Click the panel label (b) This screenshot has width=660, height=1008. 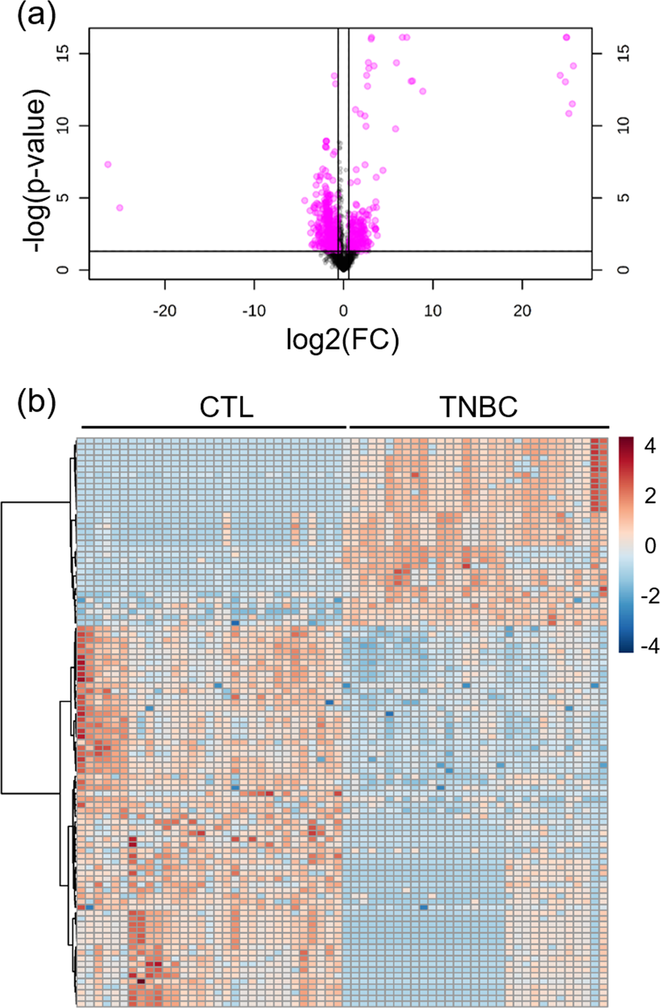point(37,401)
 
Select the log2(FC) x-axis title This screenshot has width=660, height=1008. point(343,340)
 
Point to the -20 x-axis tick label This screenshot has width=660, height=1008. point(165,311)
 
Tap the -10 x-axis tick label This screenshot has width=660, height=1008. point(253,311)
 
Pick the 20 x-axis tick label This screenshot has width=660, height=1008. point(522,311)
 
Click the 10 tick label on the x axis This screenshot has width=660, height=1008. point(432,311)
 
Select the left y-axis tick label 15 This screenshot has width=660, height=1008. point(64,53)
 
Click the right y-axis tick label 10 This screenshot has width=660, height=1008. point(624,125)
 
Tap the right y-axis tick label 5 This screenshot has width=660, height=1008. point(624,198)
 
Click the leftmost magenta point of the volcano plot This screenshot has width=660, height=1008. point(107,164)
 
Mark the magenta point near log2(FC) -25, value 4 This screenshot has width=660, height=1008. point(119,208)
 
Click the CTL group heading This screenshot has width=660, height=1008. point(226,407)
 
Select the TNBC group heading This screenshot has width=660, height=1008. point(478,407)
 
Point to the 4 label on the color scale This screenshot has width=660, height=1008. point(649,446)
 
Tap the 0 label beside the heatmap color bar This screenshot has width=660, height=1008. point(650,546)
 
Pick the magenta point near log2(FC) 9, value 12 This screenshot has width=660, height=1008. point(423,92)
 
